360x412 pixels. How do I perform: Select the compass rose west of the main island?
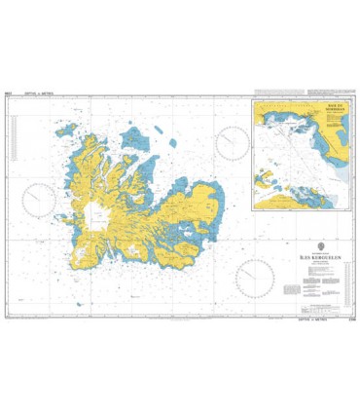[x=41, y=200]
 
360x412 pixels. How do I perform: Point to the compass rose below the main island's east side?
[x=254, y=278]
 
